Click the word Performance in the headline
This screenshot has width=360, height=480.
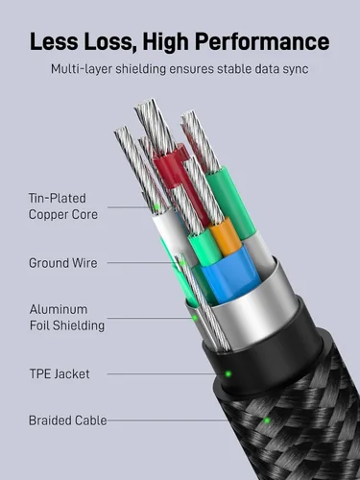click(262, 42)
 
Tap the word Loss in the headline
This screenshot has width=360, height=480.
click(108, 41)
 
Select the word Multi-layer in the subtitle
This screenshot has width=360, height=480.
click(81, 69)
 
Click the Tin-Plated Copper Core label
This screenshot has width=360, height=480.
click(63, 206)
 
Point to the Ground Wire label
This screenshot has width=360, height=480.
click(63, 263)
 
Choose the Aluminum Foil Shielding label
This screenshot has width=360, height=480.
click(67, 318)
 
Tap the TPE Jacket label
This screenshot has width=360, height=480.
click(60, 373)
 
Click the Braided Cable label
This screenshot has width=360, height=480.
click(68, 420)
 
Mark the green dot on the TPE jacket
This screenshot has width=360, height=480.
click(228, 373)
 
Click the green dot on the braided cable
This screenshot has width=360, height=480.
click(266, 420)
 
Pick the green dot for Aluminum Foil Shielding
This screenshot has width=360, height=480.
click(194, 318)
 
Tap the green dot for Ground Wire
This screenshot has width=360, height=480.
click(182, 263)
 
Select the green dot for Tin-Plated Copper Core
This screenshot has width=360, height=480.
click(156, 207)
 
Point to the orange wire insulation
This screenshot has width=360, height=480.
click(226, 236)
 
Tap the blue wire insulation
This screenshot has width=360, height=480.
click(231, 274)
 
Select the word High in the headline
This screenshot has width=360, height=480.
click(166, 42)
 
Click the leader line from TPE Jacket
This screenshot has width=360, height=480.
click(166, 373)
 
